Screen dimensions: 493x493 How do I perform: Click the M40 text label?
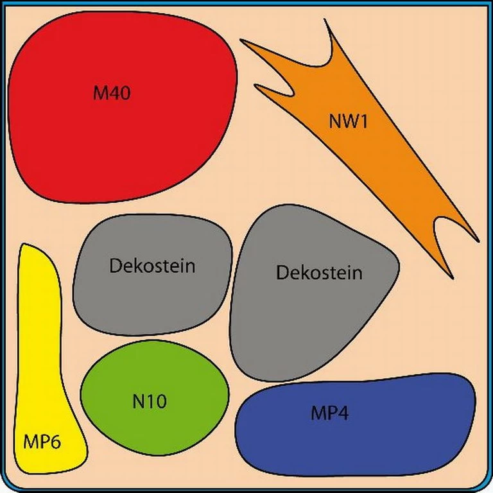(112, 93)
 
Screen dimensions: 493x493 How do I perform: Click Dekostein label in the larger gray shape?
(319, 273)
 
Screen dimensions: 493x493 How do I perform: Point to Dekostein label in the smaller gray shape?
(152, 266)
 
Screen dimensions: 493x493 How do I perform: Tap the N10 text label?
(150, 402)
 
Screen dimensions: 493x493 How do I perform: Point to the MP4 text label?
(330, 413)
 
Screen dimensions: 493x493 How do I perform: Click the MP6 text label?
(42, 442)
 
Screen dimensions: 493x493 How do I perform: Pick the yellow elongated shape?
(42, 359)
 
